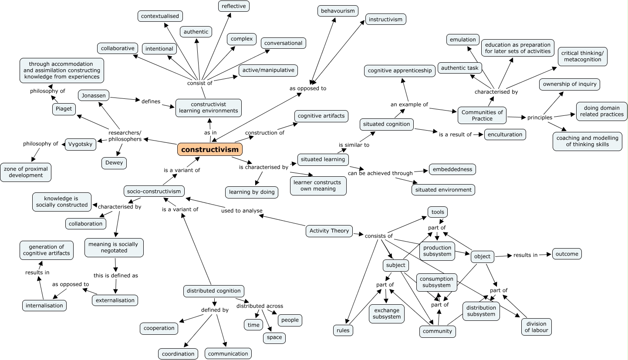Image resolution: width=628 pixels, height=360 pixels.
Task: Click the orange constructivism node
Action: [210, 149]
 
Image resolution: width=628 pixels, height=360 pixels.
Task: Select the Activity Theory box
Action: [329, 231]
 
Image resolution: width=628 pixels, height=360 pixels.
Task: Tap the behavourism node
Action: [338, 11]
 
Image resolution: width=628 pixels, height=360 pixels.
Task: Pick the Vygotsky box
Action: [81, 144]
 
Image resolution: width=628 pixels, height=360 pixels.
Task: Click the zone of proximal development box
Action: [26, 172]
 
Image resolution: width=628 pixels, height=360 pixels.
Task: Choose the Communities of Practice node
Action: [482, 115]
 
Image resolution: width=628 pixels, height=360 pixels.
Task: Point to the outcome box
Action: [567, 254]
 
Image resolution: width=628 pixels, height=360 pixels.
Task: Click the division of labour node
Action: [536, 327]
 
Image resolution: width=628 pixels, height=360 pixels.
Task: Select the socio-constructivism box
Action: [154, 192]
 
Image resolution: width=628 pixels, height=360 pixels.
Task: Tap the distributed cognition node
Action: [214, 291]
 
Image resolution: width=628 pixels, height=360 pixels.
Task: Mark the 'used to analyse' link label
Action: [242, 211]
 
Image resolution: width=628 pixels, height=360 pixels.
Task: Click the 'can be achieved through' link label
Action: [380, 173]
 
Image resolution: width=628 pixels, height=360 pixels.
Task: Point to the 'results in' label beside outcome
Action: [525, 255]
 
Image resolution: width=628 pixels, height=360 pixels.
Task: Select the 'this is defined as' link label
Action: [116, 276]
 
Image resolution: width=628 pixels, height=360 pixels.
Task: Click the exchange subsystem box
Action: [387, 314]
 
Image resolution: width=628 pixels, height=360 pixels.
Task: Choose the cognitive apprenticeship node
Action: [400, 71]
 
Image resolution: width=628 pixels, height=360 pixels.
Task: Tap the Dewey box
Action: [114, 163]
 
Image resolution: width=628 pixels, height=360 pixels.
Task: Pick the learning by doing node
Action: [252, 192]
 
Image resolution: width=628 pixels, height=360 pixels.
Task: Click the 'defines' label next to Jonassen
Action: [151, 101]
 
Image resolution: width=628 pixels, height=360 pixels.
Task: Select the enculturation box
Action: [505, 135]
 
